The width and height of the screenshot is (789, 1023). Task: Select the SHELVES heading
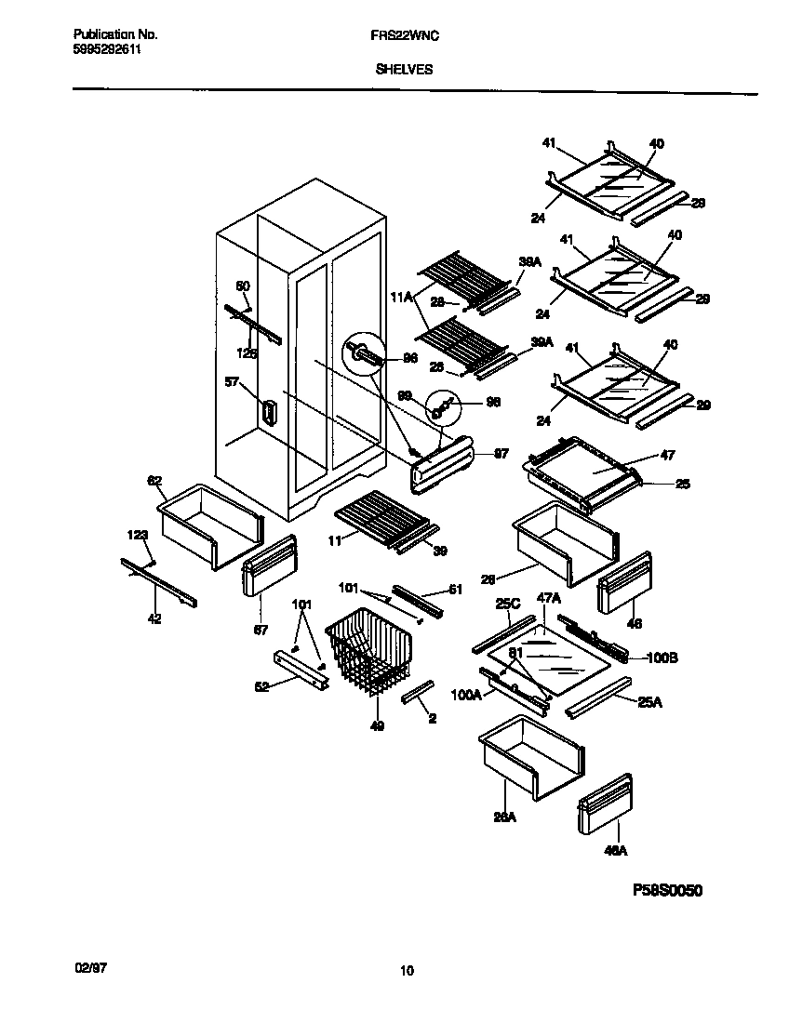pyautogui.click(x=404, y=69)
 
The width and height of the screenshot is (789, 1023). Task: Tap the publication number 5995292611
pyautogui.click(x=107, y=50)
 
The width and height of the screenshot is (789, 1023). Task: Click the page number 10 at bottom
pyautogui.click(x=407, y=972)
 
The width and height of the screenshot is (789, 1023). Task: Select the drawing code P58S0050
pyautogui.click(x=666, y=890)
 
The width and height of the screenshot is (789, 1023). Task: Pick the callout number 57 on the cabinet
pyautogui.click(x=232, y=380)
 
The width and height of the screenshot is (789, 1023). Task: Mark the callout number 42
pyautogui.click(x=154, y=618)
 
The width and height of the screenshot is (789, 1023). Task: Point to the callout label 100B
pyautogui.click(x=661, y=658)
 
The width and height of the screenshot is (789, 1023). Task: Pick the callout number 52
pyautogui.click(x=262, y=686)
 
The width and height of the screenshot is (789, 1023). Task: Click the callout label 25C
pyautogui.click(x=507, y=604)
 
